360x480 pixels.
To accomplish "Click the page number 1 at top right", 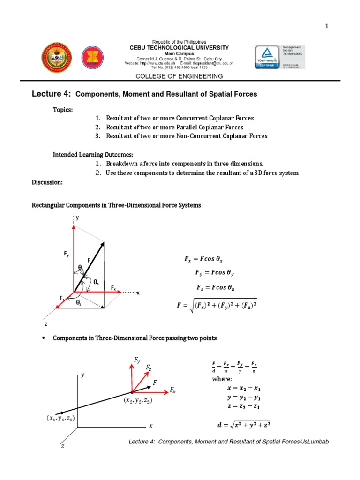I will point(327,26).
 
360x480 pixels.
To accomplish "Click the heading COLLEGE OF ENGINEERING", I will point(179,76).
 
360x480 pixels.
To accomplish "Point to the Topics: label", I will point(63,109).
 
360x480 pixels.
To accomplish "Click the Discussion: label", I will point(47,182).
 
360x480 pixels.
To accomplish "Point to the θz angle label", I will point(78,303).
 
